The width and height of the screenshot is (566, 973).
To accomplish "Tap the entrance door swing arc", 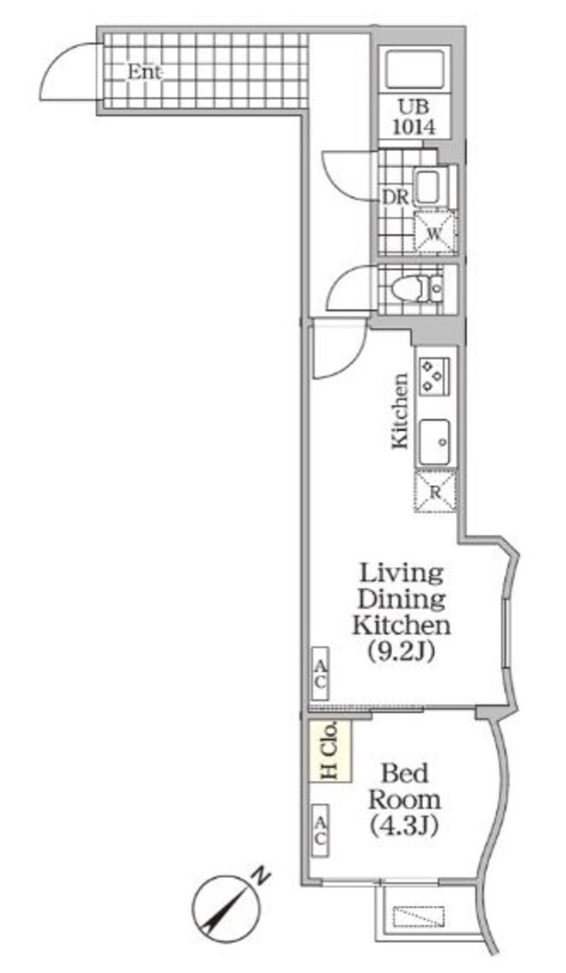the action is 52,60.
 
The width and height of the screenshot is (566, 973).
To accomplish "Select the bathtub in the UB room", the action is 415,71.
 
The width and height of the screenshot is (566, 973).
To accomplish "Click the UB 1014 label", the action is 415,117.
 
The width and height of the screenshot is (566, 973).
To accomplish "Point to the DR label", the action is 395,198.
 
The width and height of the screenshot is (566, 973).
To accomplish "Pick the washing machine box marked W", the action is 435,233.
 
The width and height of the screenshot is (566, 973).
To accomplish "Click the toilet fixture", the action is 414,289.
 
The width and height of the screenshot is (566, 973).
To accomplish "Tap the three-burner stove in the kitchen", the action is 435,376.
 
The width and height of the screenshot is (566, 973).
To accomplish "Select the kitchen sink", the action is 435,442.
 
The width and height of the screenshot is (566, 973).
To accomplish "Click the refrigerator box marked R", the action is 435,492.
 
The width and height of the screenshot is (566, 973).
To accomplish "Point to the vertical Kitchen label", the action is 400,411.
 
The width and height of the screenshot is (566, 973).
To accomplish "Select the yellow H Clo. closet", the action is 330,751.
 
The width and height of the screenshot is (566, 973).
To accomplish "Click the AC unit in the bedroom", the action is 320,830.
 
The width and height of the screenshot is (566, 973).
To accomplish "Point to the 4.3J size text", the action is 405,826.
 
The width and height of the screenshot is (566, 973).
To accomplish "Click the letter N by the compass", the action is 263,877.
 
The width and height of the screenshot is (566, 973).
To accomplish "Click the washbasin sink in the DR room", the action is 428,187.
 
